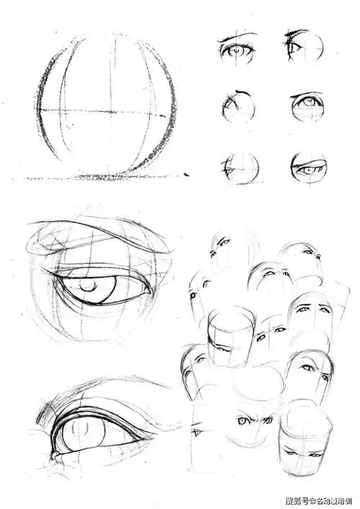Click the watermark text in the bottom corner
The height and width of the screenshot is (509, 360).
[x=318, y=500]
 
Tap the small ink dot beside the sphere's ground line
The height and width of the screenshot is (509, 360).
[x=186, y=175]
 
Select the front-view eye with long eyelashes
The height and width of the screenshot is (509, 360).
[x=237, y=52]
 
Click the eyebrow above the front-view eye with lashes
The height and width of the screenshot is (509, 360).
[x=238, y=35]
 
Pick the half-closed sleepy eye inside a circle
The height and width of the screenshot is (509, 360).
[x=309, y=168]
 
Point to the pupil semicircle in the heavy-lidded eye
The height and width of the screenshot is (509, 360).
[x=88, y=287]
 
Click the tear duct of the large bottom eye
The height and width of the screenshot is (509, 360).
[x=54, y=455]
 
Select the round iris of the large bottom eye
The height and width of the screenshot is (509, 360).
[x=84, y=433]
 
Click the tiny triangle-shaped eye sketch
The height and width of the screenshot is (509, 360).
[x=196, y=432]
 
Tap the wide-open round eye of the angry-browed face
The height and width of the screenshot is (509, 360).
[x=242, y=421]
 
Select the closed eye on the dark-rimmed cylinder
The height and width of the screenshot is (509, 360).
[x=223, y=349]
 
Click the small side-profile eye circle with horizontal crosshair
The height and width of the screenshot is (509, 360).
[x=241, y=168]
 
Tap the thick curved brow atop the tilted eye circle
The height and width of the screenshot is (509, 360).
[x=243, y=93]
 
